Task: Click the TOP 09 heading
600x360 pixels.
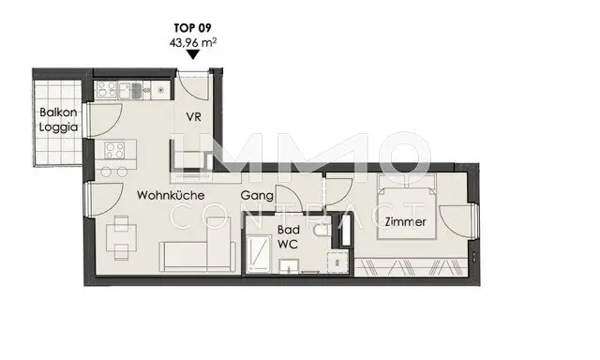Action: point(192,28)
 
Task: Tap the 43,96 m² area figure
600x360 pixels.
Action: point(193,42)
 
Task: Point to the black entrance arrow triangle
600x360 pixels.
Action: point(193,54)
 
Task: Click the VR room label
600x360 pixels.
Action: point(194,116)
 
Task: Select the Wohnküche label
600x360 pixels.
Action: point(171,195)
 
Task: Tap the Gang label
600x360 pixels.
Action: point(257,196)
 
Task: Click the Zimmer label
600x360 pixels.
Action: point(405,222)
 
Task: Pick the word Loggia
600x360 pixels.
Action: point(58,127)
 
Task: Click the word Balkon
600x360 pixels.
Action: point(58,112)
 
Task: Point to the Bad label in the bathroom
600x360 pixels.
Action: point(289,230)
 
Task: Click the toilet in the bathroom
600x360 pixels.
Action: point(322,231)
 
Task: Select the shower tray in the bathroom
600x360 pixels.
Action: point(258,255)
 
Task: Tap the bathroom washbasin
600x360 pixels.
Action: point(289,266)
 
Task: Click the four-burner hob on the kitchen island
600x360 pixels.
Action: point(114,150)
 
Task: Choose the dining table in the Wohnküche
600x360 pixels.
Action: point(121,237)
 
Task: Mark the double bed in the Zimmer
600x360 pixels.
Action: point(407,207)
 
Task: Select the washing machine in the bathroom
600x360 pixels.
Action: point(337,262)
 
